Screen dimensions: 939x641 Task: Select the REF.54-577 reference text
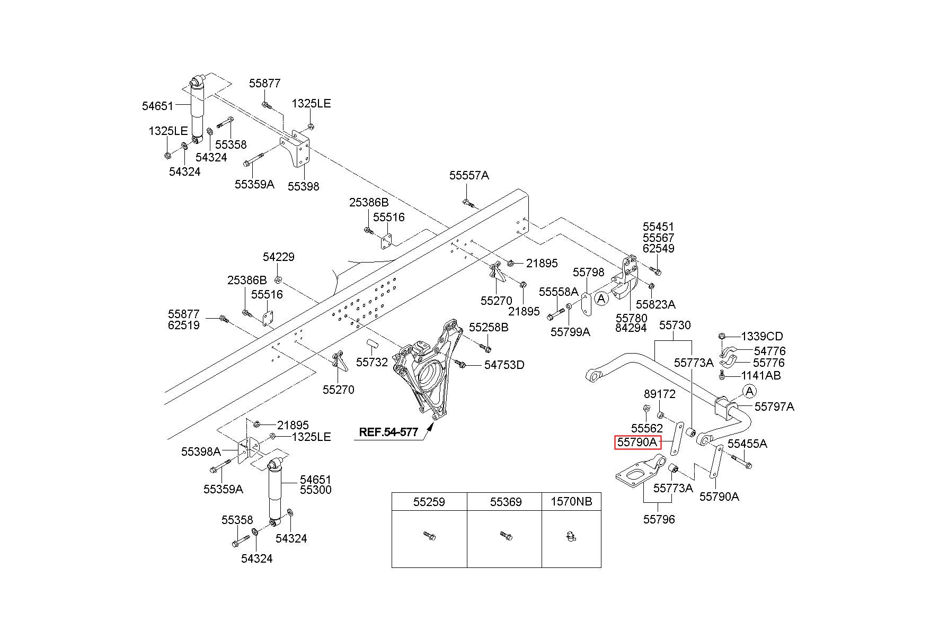pos(388,432)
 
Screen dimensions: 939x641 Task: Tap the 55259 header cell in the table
pos(429,501)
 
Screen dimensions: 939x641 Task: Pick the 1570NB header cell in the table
pos(571,501)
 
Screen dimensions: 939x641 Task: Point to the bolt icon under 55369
pos(506,536)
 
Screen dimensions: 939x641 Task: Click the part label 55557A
pos(469,175)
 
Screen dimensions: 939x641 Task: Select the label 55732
pos(372,362)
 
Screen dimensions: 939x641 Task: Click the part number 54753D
pos(504,365)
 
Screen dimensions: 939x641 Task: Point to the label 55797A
pos(774,407)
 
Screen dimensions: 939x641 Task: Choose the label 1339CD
pos(761,336)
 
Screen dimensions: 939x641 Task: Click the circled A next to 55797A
pos(749,392)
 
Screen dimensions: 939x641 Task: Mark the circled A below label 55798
pos(601,299)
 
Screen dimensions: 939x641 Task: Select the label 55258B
pos(489,328)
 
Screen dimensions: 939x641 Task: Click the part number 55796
pos(659,519)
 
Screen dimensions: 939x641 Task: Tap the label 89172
pos(660,394)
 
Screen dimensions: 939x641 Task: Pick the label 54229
pos(279,257)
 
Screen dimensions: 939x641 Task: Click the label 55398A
pos(201,452)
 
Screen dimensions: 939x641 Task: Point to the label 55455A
pos(747,444)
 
